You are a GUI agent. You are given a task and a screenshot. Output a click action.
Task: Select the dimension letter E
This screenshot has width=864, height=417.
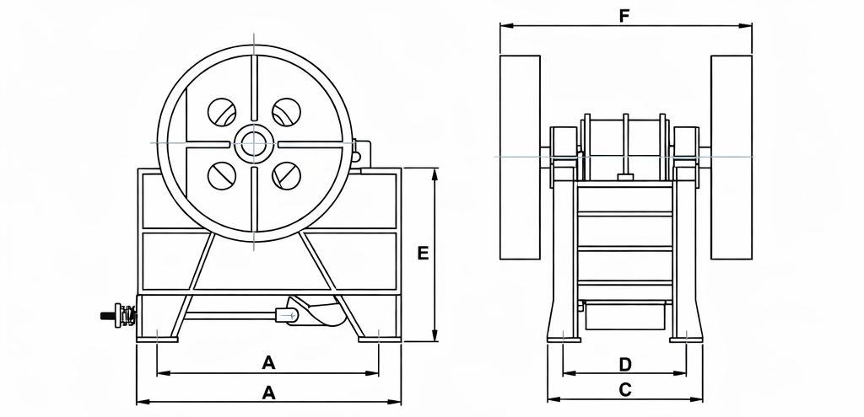pos(424,254)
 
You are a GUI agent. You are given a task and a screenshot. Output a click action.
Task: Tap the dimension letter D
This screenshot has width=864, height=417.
pos(624,364)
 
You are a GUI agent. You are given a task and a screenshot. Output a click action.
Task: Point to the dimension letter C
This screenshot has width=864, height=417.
pos(625,389)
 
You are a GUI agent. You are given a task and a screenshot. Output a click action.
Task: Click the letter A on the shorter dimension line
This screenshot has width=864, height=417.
pos(268,363)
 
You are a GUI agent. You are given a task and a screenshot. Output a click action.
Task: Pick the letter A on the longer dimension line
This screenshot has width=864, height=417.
pos(268,392)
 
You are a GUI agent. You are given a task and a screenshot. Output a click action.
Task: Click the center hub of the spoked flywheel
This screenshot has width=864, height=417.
pos(253,143)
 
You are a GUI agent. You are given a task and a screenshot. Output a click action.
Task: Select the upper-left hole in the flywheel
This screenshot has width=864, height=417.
pos(222,111)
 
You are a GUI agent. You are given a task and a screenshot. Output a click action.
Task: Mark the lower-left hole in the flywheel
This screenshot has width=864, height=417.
pos(222,175)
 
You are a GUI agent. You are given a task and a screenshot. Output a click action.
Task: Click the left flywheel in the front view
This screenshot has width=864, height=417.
pos(520,158)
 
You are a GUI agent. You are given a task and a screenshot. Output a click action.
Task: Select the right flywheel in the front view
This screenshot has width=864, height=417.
pos(731,158)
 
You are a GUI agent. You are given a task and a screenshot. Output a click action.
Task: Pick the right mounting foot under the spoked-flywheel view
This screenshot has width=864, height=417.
pos(378,339)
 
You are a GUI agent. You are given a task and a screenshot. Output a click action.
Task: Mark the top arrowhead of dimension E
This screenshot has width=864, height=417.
pos(435,173)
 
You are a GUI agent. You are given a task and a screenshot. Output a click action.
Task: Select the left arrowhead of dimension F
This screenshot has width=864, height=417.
pos(505,26)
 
